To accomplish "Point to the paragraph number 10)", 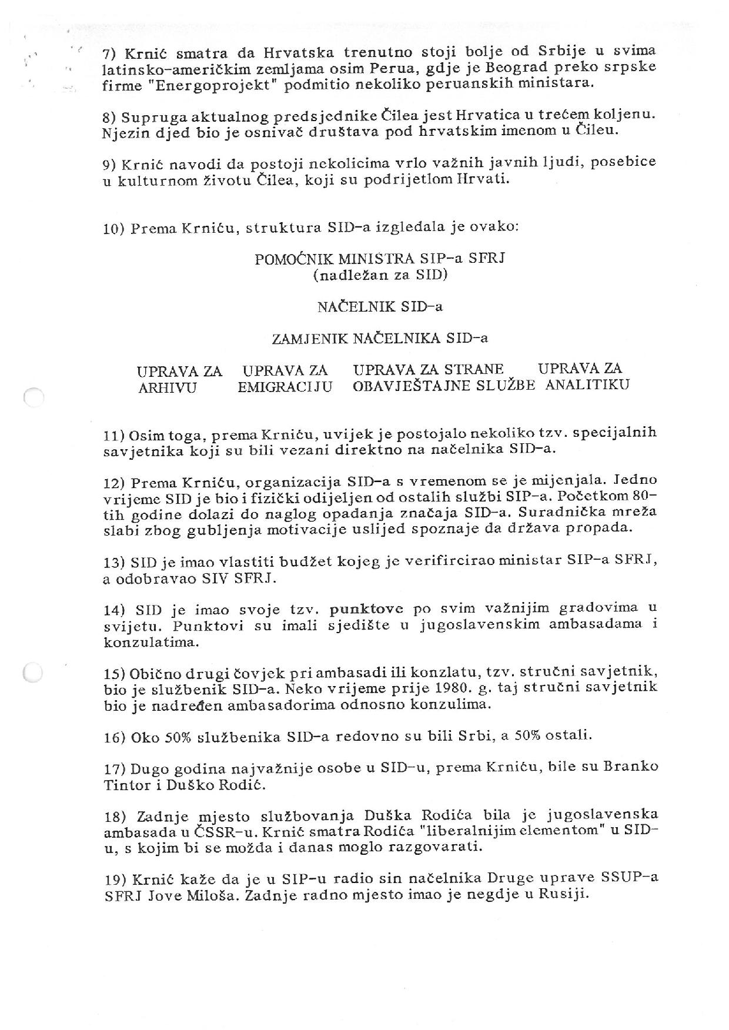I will tap(114, 228).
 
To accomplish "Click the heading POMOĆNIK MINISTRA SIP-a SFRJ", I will tap(380, 259).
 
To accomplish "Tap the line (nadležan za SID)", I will tap(380, 275).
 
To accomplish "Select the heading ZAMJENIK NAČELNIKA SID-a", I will tap(380, 339).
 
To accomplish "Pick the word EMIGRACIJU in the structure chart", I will tap(285, 387).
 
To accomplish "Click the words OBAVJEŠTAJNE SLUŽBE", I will tap(444, 386).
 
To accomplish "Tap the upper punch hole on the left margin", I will tap(34, 398).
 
